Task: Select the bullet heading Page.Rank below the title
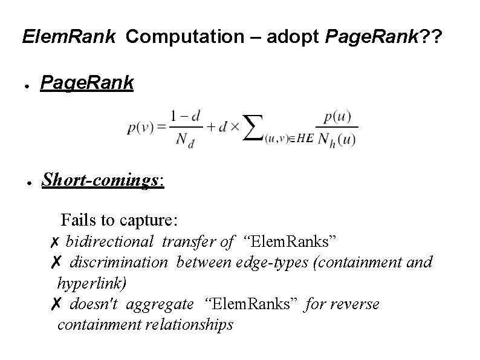coord(86,83)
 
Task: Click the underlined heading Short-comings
coord(101,179)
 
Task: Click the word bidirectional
coord(109,242)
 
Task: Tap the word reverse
coord(357,304)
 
